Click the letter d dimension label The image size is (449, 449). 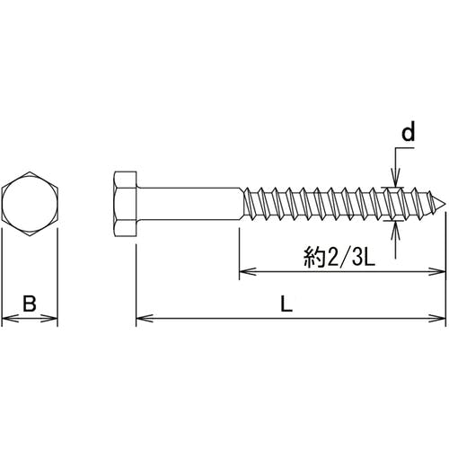[x=409, y=133]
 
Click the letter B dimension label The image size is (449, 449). [x=30, y=304]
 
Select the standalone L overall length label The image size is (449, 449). [x=286, y=304]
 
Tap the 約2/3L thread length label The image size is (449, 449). [x=339, y=257]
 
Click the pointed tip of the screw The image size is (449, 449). [x=445, y=205]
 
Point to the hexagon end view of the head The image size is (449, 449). [x=30, y=204]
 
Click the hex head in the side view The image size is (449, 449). [x=126, y=204]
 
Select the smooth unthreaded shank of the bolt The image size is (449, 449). [x=189, y=204]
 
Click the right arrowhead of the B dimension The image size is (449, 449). [x=51, y=318]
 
